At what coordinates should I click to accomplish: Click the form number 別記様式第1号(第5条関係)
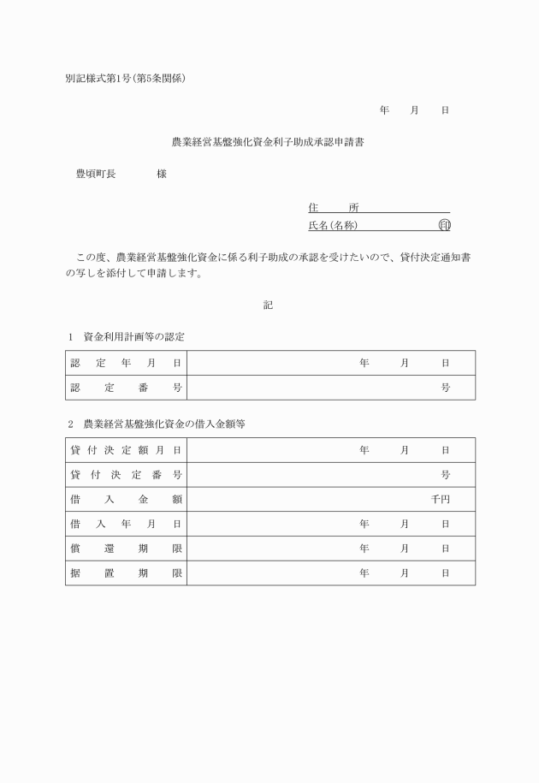tap(126, 79)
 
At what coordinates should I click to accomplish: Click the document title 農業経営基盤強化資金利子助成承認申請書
tap(269, 142)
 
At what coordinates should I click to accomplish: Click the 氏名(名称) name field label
tap(333, 226)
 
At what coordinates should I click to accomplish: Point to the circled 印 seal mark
tap(444, 226)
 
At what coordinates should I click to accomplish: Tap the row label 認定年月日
tap(126, 363)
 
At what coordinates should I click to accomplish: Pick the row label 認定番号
tap(126, 388)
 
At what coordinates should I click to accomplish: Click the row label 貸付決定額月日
tap(126, 450)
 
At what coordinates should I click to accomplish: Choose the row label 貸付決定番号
tap(126, 475)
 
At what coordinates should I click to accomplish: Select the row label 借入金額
tap(126, 500)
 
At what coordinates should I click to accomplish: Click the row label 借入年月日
tap(126, 524)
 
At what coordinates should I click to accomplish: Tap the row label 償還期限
tap(126, 549)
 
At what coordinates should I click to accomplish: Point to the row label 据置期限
tap(126, 573)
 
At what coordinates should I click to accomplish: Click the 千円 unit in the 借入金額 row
tap(441, 500)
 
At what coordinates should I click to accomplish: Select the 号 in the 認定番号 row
tap(446, 388)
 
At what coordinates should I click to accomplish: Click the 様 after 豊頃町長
tap(162, 174)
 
